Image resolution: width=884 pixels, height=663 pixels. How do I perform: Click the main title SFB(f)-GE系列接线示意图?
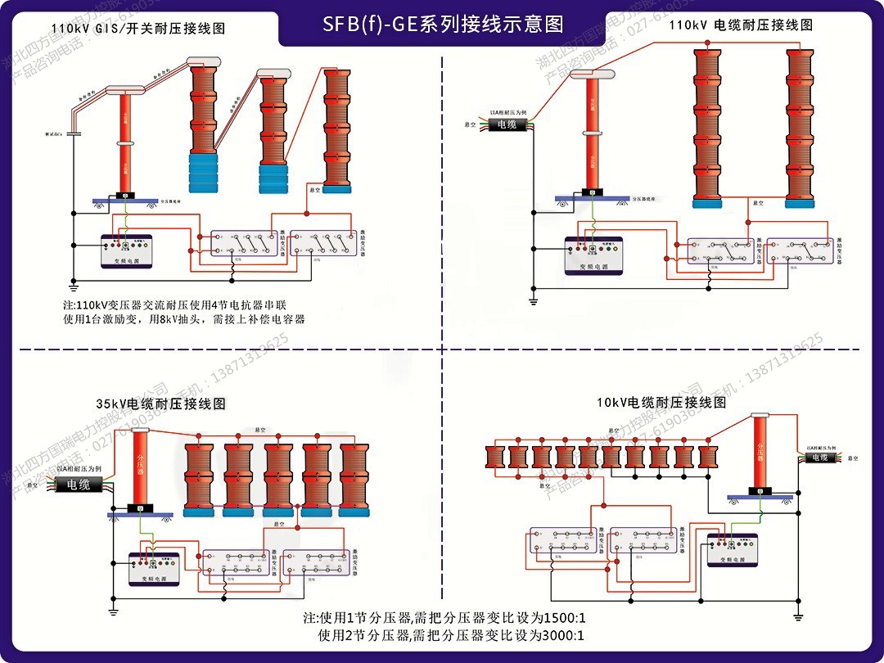coord(443,24)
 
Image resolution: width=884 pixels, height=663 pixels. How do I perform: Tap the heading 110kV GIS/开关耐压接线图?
coord(138,29)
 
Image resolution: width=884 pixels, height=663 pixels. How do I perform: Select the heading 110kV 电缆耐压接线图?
coord(741,25)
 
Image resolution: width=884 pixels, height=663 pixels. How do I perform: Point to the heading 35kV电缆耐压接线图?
coord(160,404)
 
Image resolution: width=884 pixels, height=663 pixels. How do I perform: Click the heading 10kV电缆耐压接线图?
coord(661,403)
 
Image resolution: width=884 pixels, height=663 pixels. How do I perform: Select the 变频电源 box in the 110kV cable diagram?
coord(593,256)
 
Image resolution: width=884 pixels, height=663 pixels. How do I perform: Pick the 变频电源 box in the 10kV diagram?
coord(732,550)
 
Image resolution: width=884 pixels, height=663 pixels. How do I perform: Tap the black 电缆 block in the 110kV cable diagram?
coord(507,124)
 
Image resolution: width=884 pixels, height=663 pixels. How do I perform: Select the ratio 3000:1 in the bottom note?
coord(557,635)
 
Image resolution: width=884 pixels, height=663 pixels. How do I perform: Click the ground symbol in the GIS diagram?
coord(73,286)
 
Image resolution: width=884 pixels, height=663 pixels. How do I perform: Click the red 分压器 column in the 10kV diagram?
coord(760,453)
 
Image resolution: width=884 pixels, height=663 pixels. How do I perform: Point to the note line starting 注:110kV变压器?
coord(174,304)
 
